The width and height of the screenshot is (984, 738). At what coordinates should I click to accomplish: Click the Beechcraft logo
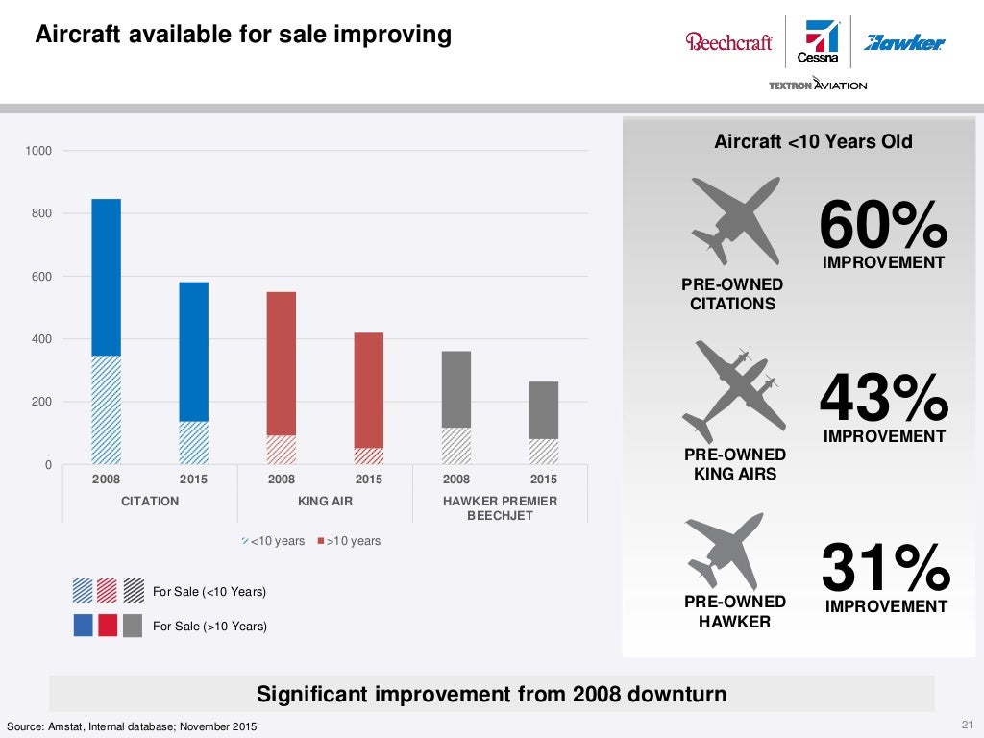[728, 42]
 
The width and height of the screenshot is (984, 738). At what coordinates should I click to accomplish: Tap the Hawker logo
[904, 42]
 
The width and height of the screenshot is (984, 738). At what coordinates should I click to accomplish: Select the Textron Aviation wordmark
[818, 86]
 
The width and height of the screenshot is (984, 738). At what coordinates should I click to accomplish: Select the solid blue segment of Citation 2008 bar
[106, 277]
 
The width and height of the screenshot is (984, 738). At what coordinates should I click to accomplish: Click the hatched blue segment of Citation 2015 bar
[194, 443]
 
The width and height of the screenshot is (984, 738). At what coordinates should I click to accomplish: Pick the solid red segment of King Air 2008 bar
[281, 363]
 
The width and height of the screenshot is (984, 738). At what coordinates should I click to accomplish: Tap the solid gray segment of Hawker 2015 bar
[544, 410]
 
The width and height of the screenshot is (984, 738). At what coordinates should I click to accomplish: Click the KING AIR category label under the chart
[325, 501]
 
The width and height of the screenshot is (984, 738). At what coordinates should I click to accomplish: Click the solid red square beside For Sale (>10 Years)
[108, 626]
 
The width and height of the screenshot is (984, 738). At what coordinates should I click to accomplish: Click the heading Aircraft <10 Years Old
[813, 142]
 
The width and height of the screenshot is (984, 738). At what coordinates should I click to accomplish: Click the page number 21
[967, 725]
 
